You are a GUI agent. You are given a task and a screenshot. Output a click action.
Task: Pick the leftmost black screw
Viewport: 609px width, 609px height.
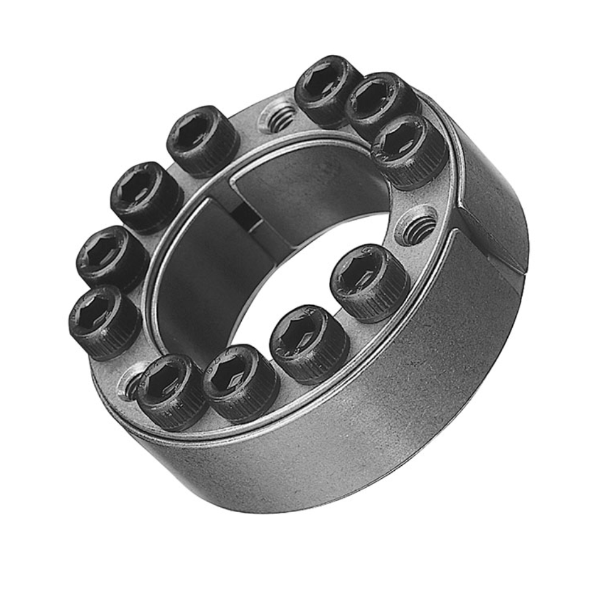click(104, 320)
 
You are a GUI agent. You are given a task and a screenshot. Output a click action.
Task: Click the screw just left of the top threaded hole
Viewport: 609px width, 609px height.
click(203, 141)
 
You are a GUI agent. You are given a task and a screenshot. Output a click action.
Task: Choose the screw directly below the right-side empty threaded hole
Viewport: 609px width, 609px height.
click(369, 281)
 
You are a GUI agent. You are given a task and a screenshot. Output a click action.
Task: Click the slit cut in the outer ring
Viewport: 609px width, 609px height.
click(487, 238)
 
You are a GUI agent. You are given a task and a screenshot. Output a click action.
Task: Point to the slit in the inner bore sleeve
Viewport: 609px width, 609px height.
click(247, 213)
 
